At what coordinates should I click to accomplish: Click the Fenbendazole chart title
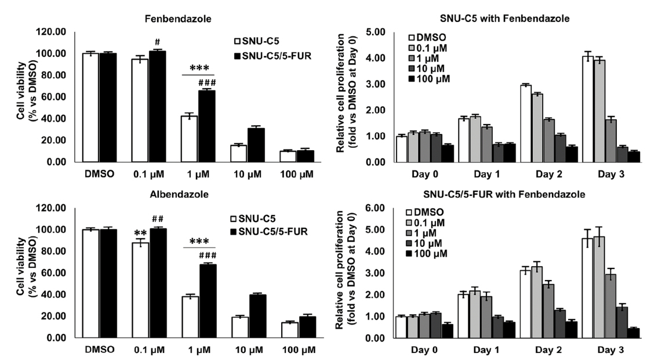(x=177, y=19)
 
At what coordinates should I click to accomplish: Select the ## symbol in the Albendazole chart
(x=157, y=219)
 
